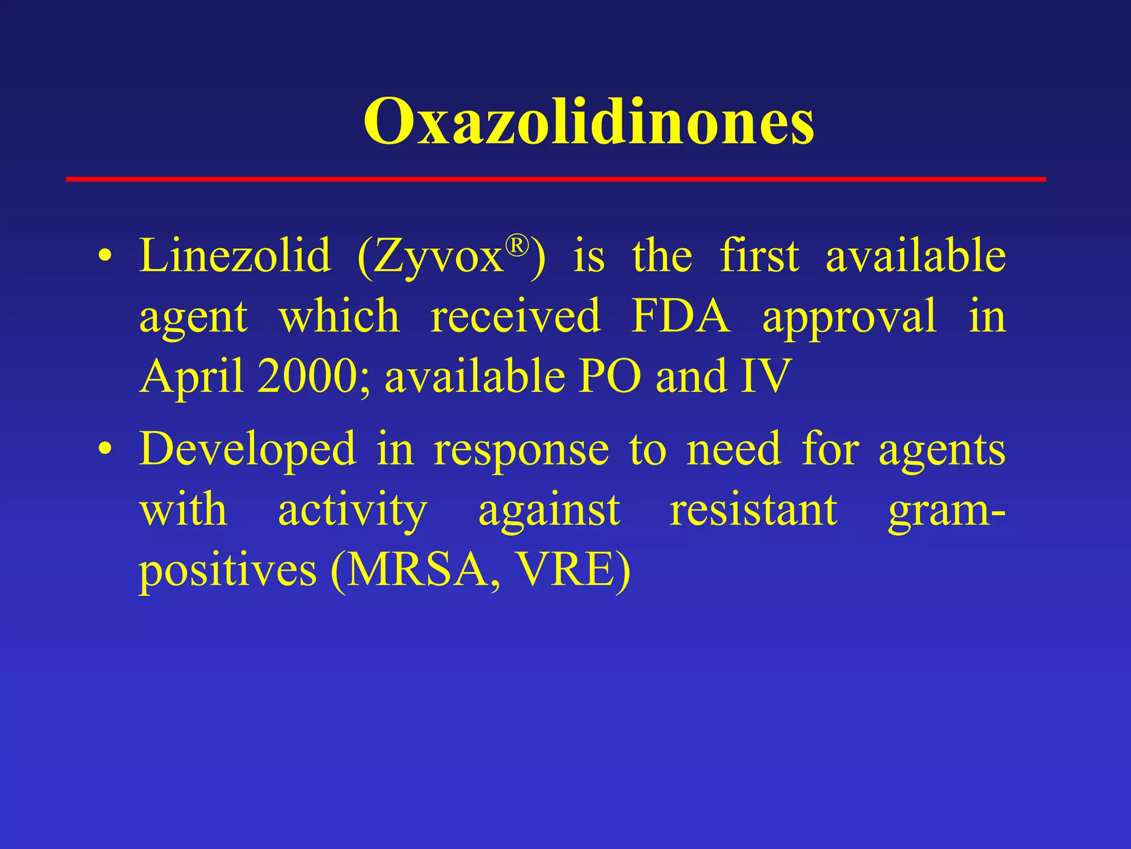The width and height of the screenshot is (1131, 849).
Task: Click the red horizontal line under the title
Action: pos(556,179)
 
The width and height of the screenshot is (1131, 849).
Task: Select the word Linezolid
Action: pos(235,256)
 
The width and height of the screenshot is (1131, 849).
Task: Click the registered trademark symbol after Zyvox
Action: pos(517,245)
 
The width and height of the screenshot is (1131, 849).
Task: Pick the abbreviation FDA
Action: pos(680,316)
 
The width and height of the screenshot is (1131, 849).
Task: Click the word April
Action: pos(192,377)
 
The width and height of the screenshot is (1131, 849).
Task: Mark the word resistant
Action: pos(753,510)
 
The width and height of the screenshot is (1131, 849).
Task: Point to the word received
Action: pos(515,316)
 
